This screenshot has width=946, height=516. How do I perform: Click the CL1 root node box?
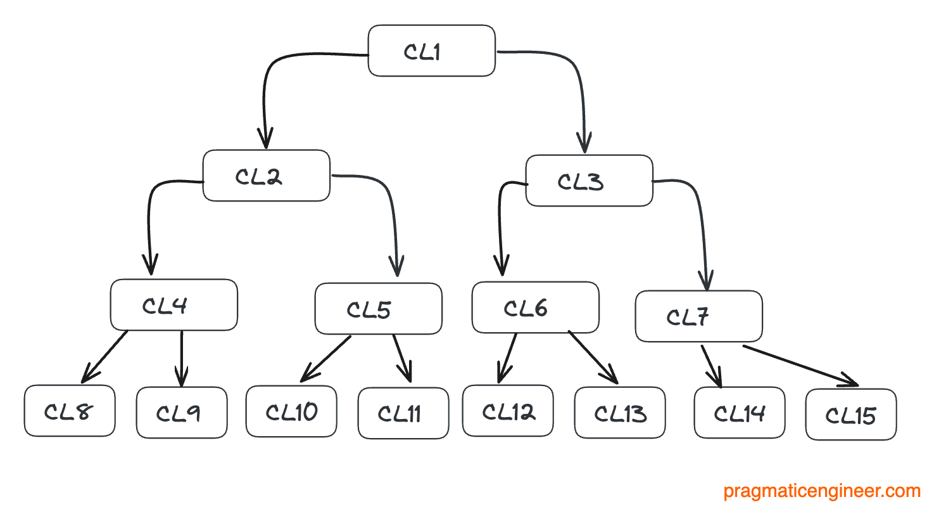(431, 51)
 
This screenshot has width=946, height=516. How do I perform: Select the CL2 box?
(266, 176)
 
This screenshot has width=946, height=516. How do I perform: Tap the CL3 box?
(589, 181)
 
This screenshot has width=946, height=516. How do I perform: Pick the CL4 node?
(173, 305)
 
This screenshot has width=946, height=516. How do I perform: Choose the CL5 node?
(378, 309)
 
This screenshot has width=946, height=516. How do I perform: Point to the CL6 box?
(535, 307)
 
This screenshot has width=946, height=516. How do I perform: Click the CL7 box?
(698, 316)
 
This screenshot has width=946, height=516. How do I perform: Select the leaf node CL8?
(70, 411)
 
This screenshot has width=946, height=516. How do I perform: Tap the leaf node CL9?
(181, 413)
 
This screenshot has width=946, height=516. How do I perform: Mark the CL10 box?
(291, 411)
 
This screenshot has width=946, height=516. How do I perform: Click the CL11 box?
(403, 413)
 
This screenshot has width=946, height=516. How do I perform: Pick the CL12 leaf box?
(507, 411)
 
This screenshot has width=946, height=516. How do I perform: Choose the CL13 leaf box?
(619, 413)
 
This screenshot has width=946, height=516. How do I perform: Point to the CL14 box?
(739, 413)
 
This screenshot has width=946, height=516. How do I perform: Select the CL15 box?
(850, 415)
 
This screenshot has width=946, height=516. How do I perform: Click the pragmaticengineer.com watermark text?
(821, 491)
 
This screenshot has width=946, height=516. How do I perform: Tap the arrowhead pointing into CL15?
(850, 382)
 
